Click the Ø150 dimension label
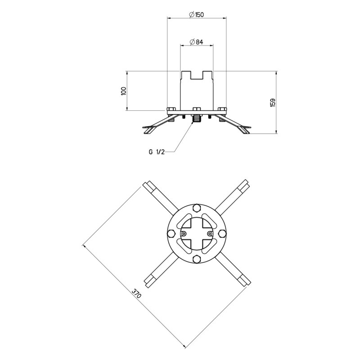point(196,15)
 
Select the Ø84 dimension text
point(197,42)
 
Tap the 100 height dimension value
point(123,91)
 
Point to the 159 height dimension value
point(273,103)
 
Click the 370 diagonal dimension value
point(136,293)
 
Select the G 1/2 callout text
point(157,152)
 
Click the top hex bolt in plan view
point(197,208)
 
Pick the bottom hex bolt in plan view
point(197,259)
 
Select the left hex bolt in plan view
point(171,234)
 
